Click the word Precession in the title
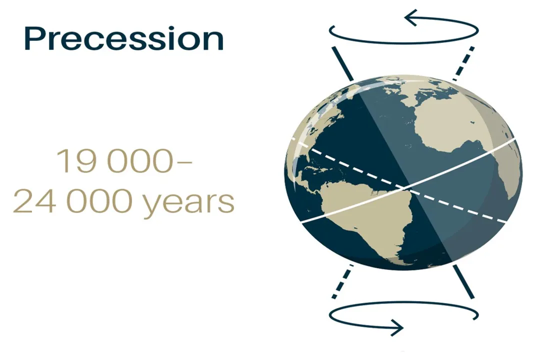[x=124, y=38]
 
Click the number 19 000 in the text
[x=114, y=160]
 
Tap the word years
[x=188, y=202]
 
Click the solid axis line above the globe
[x=342, y=63]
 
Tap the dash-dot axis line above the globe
[x=463, y=63]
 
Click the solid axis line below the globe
[x=463, y=281]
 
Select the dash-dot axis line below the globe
[x=342, y=281]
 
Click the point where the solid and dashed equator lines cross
[x=406, y=188]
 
